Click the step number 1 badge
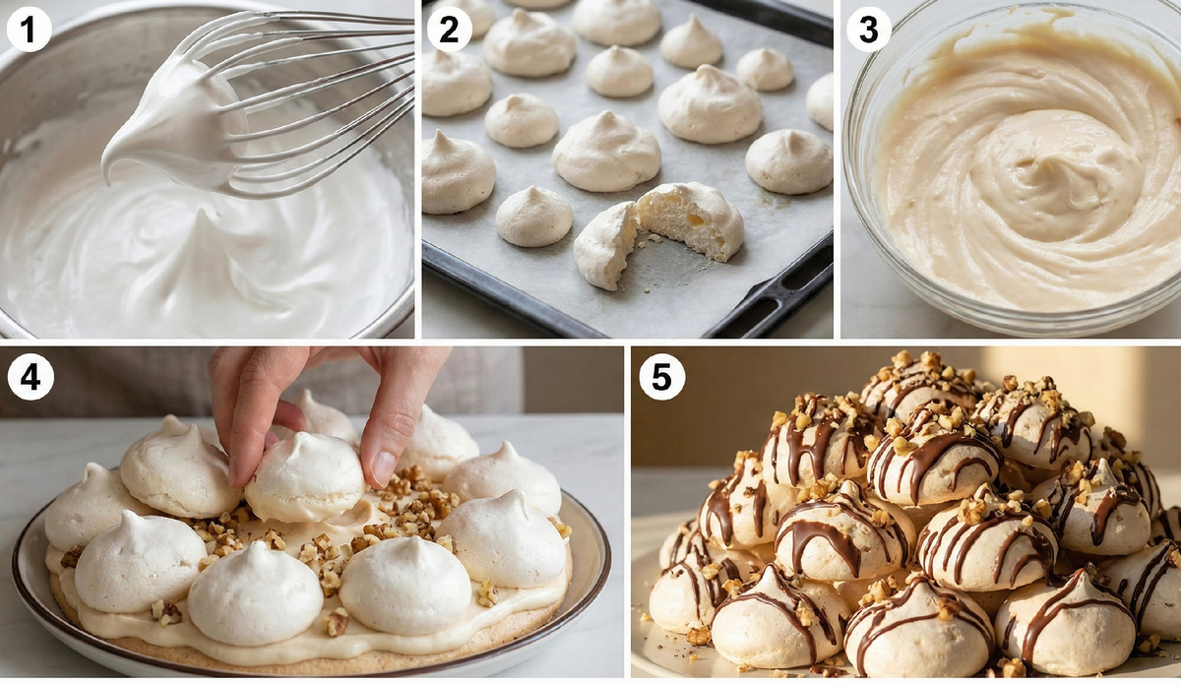[29, 30]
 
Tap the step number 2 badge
[449, 30]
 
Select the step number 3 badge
[869, 30]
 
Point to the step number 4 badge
[31, 378]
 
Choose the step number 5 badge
[661, 378]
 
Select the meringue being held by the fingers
[305, 477]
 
